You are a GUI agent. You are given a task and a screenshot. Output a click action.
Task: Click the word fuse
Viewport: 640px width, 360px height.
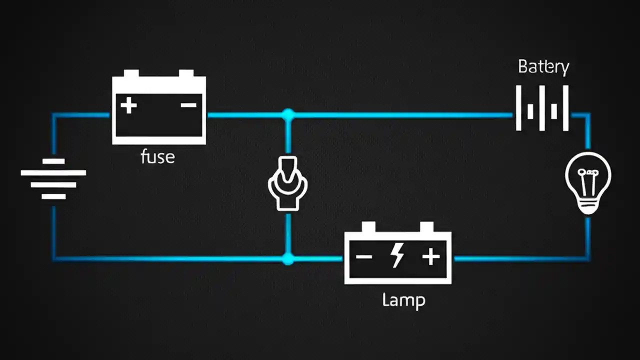pyautogui.click(x=158, y=157)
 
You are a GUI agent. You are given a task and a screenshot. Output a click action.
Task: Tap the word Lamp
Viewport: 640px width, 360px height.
pyautogui.click(x=403, y=300)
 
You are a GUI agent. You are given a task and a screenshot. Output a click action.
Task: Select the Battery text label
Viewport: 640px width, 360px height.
pyautogui.click(x=543, y=67)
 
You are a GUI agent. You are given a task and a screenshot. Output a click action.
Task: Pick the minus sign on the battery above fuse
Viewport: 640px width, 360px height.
pyautogui.click(x=188, y=105)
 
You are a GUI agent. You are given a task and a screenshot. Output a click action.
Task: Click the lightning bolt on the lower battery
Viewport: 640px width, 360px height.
pyautogui.click(x=398, y=255)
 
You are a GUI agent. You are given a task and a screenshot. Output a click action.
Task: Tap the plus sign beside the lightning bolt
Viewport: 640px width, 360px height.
pyautogui.click(x=430, y=257)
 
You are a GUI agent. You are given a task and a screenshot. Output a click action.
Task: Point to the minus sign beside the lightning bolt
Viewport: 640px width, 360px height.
pyautogui.click(x=363, y=257)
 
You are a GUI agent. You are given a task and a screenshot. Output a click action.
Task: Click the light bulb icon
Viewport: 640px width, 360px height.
pyautogui.click(x=588, y=183)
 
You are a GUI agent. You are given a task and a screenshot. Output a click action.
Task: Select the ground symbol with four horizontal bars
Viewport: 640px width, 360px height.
pyautogui.click(x=53, y=179)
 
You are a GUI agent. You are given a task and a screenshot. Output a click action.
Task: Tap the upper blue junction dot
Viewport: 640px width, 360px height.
pyautogui.click(x=287, y=115)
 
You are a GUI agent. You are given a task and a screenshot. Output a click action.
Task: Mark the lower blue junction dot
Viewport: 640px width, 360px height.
pyautogui.click(x=287, y=258)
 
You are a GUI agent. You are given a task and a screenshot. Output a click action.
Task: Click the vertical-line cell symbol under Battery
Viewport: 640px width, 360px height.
pyautogui.click(x=542, y=108)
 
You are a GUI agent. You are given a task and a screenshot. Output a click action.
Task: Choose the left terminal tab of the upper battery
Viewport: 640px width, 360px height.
pyautogui.click(x=131, y=73)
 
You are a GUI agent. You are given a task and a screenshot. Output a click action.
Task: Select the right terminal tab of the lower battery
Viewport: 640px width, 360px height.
pyautogui.click(x=426, y=227)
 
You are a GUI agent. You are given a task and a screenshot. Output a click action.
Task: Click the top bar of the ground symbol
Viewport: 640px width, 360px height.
pyautogui.click(x=53, y=161)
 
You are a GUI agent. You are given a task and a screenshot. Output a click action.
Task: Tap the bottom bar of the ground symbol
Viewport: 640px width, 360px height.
pyautogui.click(x=53, y=196)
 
